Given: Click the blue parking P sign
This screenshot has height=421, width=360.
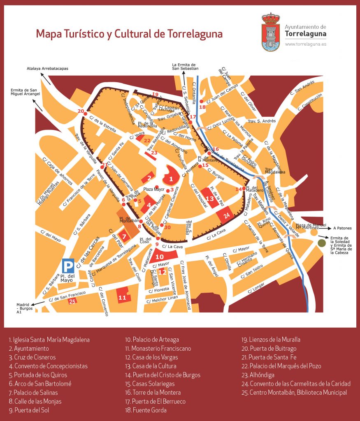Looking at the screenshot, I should click(x=69, y=266).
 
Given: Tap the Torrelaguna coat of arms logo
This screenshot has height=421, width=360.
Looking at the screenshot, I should click(x=271, y=32).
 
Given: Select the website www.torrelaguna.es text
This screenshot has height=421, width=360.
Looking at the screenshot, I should click(x=305, y=44).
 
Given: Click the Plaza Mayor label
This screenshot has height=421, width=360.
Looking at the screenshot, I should click(x=154, y=190).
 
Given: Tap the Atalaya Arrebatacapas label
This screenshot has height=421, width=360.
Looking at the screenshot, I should click(x=47, y=69).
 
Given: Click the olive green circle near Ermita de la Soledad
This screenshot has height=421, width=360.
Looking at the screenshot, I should click(x=321, y=243).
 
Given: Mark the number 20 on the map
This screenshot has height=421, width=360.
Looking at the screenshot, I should click(x=80, y=111).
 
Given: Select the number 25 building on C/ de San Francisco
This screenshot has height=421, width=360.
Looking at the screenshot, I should click(x=73, y=301).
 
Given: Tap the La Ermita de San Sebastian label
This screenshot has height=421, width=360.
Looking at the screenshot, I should click(x=185, y=67).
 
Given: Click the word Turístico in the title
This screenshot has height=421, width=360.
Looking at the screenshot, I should click(x=83, y=34).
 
